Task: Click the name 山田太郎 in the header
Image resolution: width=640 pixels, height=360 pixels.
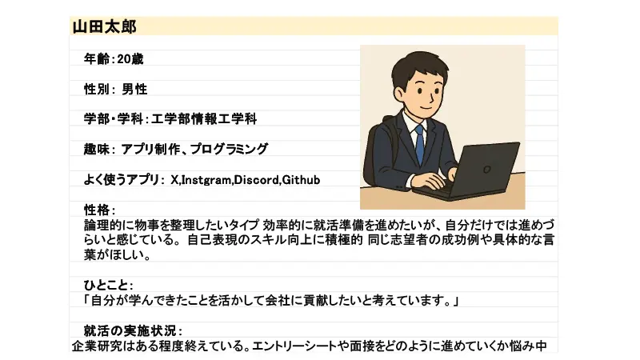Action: click(x=105, y=27)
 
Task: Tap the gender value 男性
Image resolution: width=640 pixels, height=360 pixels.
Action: click(x=134, y=89)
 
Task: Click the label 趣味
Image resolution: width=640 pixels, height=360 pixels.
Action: click(x=96, y=149)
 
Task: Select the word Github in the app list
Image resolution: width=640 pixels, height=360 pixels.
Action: click(x=302, y=180)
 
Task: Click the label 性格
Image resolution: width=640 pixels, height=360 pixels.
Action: click(x=97, y=210)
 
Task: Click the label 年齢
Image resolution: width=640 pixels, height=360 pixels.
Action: click(x=96, y=58)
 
